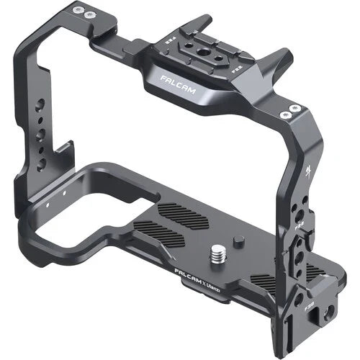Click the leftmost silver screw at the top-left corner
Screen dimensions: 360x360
coord(73,12)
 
